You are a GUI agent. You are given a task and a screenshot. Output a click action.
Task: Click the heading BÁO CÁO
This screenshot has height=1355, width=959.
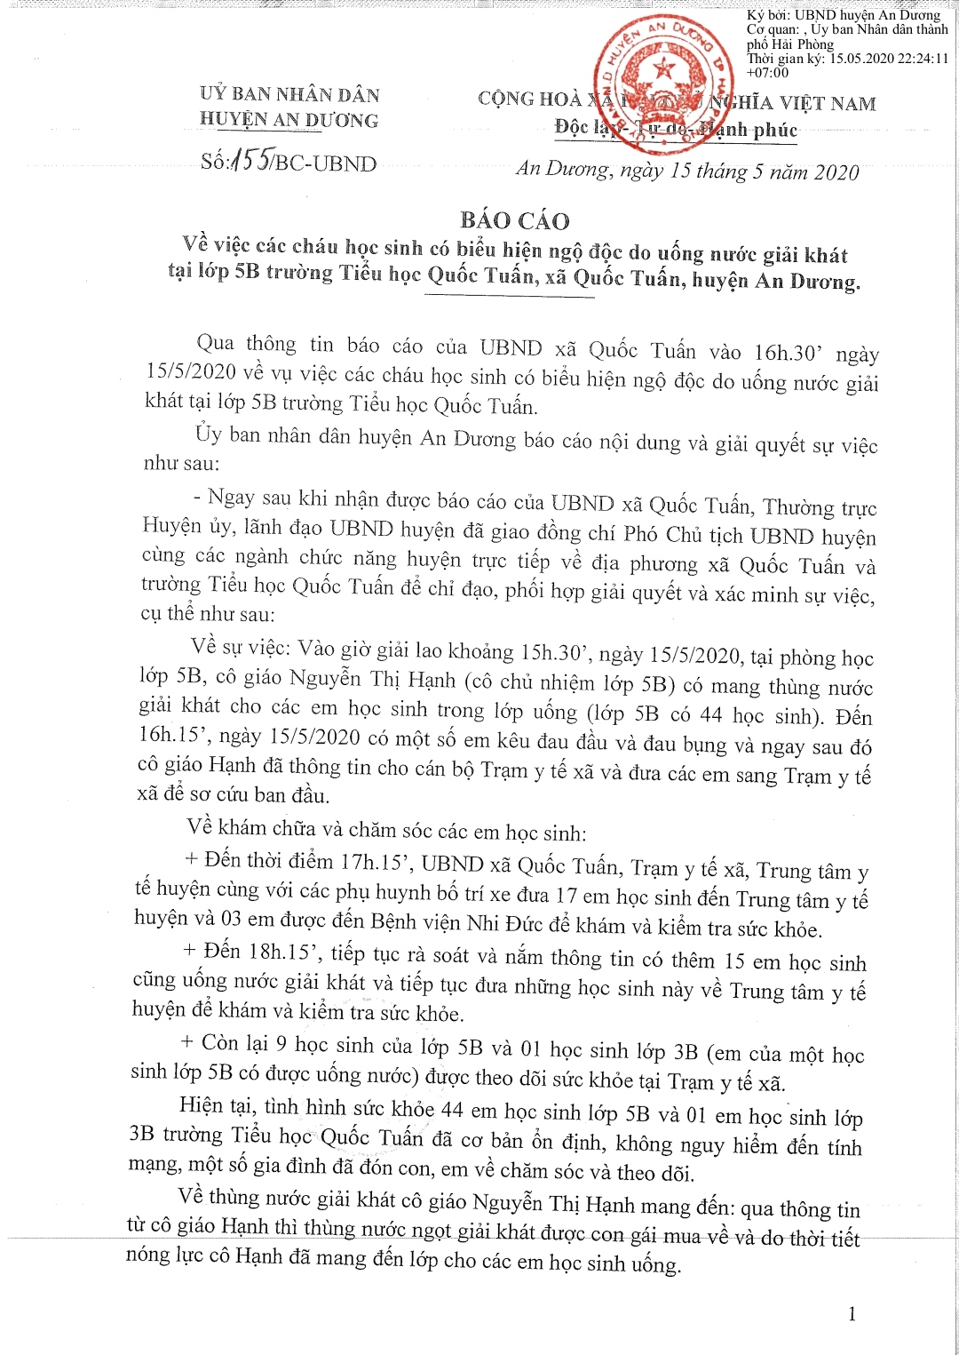coord(515,220)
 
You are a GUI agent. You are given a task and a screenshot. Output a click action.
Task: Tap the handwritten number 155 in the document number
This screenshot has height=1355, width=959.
coord(250,160)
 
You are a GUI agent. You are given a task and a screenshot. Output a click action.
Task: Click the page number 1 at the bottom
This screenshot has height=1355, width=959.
coord(852,1313)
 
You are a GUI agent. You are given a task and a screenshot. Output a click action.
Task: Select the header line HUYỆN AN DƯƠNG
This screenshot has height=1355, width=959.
coord(289,120)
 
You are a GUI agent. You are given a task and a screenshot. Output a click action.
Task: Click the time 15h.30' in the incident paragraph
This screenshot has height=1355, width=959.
coord(557,652)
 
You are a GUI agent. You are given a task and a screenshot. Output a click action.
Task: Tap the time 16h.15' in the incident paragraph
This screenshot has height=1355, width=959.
coord(175,735)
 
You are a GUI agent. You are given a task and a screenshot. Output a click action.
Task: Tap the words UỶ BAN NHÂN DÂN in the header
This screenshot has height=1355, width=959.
coord(289,94)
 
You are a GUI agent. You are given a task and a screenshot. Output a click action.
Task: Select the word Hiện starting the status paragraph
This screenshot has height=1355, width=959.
coord(201,1105)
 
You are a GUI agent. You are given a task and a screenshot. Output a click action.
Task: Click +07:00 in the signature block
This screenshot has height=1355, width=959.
coord(767,73)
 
